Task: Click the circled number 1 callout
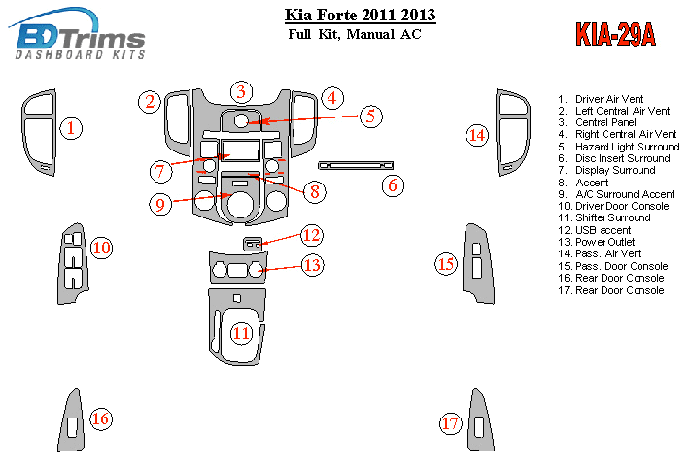(72, 127)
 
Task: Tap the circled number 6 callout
(393, 184)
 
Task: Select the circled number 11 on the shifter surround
(240, 333)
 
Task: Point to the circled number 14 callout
(476, 136)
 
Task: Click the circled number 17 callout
(450, 423)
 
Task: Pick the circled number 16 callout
(100, 419)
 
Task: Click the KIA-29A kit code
(615, 34)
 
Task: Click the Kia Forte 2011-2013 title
(360, 16)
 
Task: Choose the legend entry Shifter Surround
(611, 218)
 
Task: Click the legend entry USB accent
(603, 230)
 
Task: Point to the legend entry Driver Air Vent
(608, 99)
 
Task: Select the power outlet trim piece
(237, 267)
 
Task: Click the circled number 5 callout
(370, 117)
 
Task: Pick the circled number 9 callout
(162, 204)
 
